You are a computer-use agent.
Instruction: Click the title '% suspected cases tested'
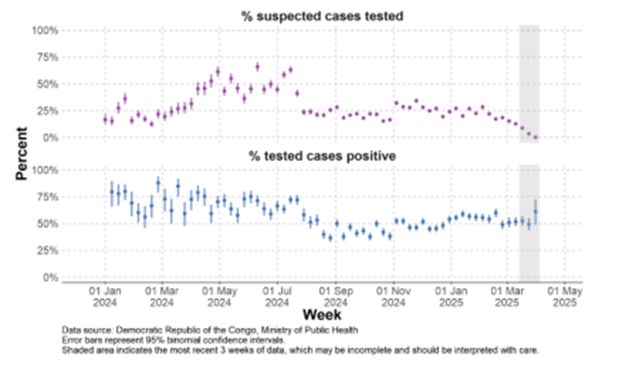(x=323, y=15)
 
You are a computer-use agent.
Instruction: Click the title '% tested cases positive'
(x=323, y=155)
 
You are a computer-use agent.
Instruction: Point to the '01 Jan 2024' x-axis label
(x=105, y=296)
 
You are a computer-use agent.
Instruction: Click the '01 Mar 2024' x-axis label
(x=161, y=296)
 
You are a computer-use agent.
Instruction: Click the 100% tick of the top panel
(x=45, y=31)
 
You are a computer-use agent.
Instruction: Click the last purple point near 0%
(x=535, y=138)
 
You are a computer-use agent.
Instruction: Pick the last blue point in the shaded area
(x=535, y=211)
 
